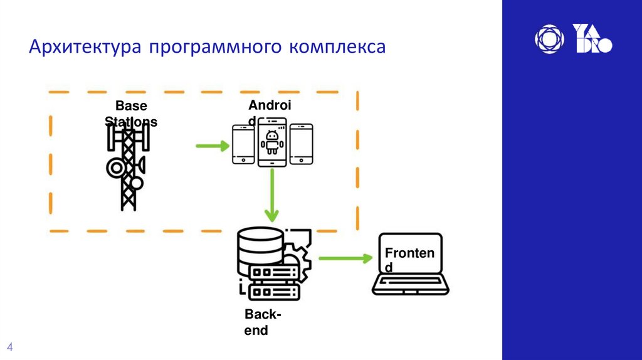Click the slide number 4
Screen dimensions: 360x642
10,347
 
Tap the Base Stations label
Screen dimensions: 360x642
130,114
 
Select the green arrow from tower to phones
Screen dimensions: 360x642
212,147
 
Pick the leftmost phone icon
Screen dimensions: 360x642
243,144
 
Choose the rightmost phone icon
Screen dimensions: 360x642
301,144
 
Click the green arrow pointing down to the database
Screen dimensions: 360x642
271,195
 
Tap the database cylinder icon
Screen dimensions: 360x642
260,248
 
